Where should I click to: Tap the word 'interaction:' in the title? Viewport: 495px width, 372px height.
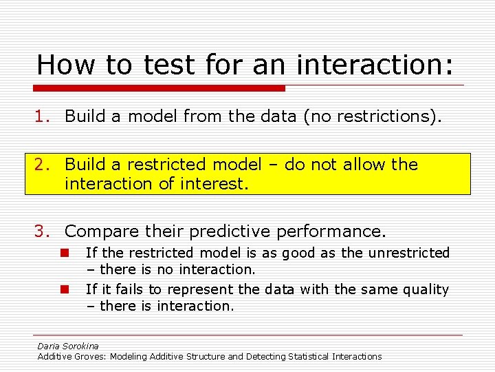point(375,65)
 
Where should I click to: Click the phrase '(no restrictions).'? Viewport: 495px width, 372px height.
point(371,116)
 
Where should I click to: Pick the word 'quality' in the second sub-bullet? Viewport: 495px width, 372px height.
point(423,289)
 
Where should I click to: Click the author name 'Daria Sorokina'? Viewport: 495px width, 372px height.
point(68,346)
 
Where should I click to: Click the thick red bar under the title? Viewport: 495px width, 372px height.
point(159,88)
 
